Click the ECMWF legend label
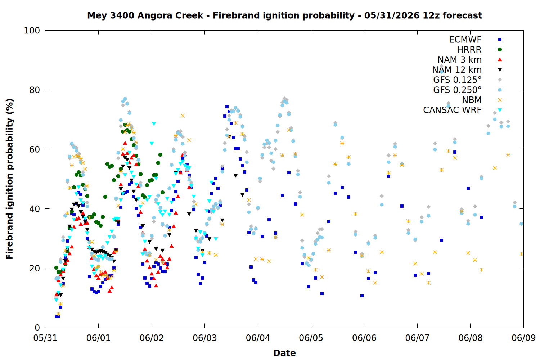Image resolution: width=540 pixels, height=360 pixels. pyautogui.click(x=465, y=40)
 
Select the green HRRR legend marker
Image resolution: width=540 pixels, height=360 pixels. pyautogui.click(x=500, y=50)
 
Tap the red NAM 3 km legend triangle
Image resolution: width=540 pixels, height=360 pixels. pyautogui.click(x=500, y=59)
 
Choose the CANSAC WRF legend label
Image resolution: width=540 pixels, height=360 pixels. pyautogui.click(x=452, y=110)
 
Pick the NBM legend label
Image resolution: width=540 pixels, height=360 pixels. pyautogui.click(x=472, y=100)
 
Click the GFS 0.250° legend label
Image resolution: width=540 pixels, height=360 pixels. pyautogui.click(x=457, y=90)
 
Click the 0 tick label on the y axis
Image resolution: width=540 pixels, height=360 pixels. pyautogui.click(x=37, y=328)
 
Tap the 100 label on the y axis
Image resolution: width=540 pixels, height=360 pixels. pyautogui.click(x=32, y=31)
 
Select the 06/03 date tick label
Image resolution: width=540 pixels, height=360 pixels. pyautogui.click(x=205, y=338)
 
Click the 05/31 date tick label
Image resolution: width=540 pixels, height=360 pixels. pyautogui.click(x=45, y=338)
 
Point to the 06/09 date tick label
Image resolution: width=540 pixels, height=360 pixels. pyautogui.click(x=523, y=338)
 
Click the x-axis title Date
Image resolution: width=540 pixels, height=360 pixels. pyautogui.click(x=284, y=353)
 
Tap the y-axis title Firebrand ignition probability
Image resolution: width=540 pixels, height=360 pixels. pyautogui.click(x=9, y=179)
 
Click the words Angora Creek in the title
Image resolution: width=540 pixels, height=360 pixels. pyautogui.click(x=170, y=15)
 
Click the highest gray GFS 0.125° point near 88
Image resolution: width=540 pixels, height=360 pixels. pyautogui.click(x=441, y=66)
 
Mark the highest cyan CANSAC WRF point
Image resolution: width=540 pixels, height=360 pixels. pyautogui.click(x=154, y=124)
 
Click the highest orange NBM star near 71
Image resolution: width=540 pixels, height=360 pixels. pyautogui.click(x=183, y=116)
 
